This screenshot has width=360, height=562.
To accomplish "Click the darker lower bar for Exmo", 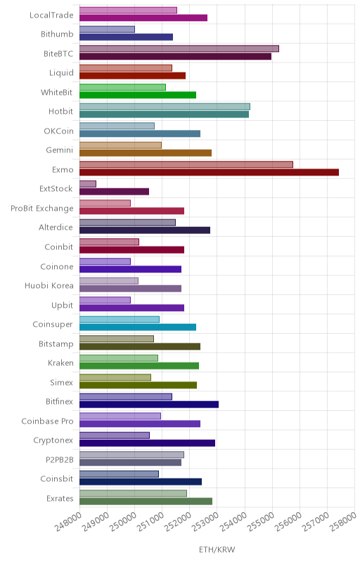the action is click(209, 172).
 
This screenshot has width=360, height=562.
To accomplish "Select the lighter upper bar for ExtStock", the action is click(88, 184).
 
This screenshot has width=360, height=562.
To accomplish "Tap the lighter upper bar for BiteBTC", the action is click(179, 48).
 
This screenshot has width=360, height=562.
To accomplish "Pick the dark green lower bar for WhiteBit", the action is click(138, 95).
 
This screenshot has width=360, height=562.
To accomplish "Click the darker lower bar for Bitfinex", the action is click(149, 405).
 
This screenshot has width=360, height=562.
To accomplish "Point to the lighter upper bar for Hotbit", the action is click(165, 107).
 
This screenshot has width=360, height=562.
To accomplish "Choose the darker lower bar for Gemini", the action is click(146, 153).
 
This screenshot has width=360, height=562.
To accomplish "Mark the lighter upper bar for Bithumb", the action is click(107, 30).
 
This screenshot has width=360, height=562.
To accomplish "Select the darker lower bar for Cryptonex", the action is click(148, 443).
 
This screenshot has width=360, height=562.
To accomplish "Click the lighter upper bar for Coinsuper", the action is click(120, 320).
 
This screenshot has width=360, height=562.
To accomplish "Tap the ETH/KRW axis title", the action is click(217, 549).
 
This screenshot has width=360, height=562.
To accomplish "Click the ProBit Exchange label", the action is click(42, 208).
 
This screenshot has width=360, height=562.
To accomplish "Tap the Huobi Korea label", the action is click(49, 286).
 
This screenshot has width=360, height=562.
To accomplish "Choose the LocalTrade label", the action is click(51, 15).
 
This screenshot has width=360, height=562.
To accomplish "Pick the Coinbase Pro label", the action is click(47, 421).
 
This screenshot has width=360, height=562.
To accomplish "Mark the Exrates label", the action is click(60, 499).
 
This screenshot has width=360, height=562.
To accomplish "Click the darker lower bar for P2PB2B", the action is click(131, 462).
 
